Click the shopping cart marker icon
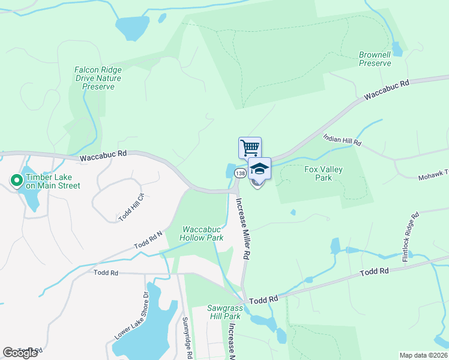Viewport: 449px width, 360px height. [x=250, y=147]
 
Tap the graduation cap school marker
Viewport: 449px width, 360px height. [x=259, y=168]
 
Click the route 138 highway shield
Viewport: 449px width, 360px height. [x=240, y=173]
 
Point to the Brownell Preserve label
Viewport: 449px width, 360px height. [x=375, y=59]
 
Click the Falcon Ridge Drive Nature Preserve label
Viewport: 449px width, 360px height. [x=98, y=78]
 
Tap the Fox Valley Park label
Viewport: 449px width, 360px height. [x=324, y=173]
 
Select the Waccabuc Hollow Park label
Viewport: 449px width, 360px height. [x=203, y=233]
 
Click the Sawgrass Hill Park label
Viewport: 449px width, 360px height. [x=224, y=312]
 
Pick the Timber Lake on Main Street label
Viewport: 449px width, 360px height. [x=53, y=181]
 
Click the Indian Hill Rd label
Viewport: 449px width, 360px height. [x=343, y=142]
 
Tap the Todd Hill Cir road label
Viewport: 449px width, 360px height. [x=131, y=208]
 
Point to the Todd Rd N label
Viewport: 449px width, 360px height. [x=148, y=241]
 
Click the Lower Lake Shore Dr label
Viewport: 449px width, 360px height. [x=131, y=324]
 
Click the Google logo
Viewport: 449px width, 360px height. [x=20, y=353]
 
